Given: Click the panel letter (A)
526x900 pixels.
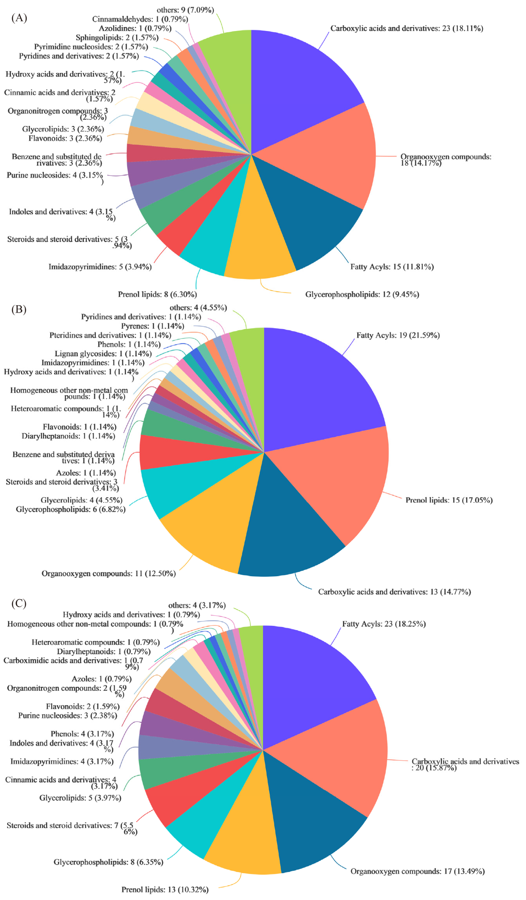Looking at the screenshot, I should pyautogui.click(x=19, y=18).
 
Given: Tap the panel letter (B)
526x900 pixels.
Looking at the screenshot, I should pyautogui.click(x=19, y=309).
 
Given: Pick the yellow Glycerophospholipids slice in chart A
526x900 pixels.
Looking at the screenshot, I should pyautogui.click(x=259, y=243).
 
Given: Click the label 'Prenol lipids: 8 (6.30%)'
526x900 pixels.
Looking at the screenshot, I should pyautogui.click(x=157, y=294).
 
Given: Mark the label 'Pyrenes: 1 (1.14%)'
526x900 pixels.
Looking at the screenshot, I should pyautogui.click(x=153, y=326).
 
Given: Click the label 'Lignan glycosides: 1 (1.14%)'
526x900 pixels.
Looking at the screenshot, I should pyautogui.click(x=103, y=354).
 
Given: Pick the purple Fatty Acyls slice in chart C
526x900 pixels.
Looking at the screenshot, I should pyautogui.click(x=314, y=686).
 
